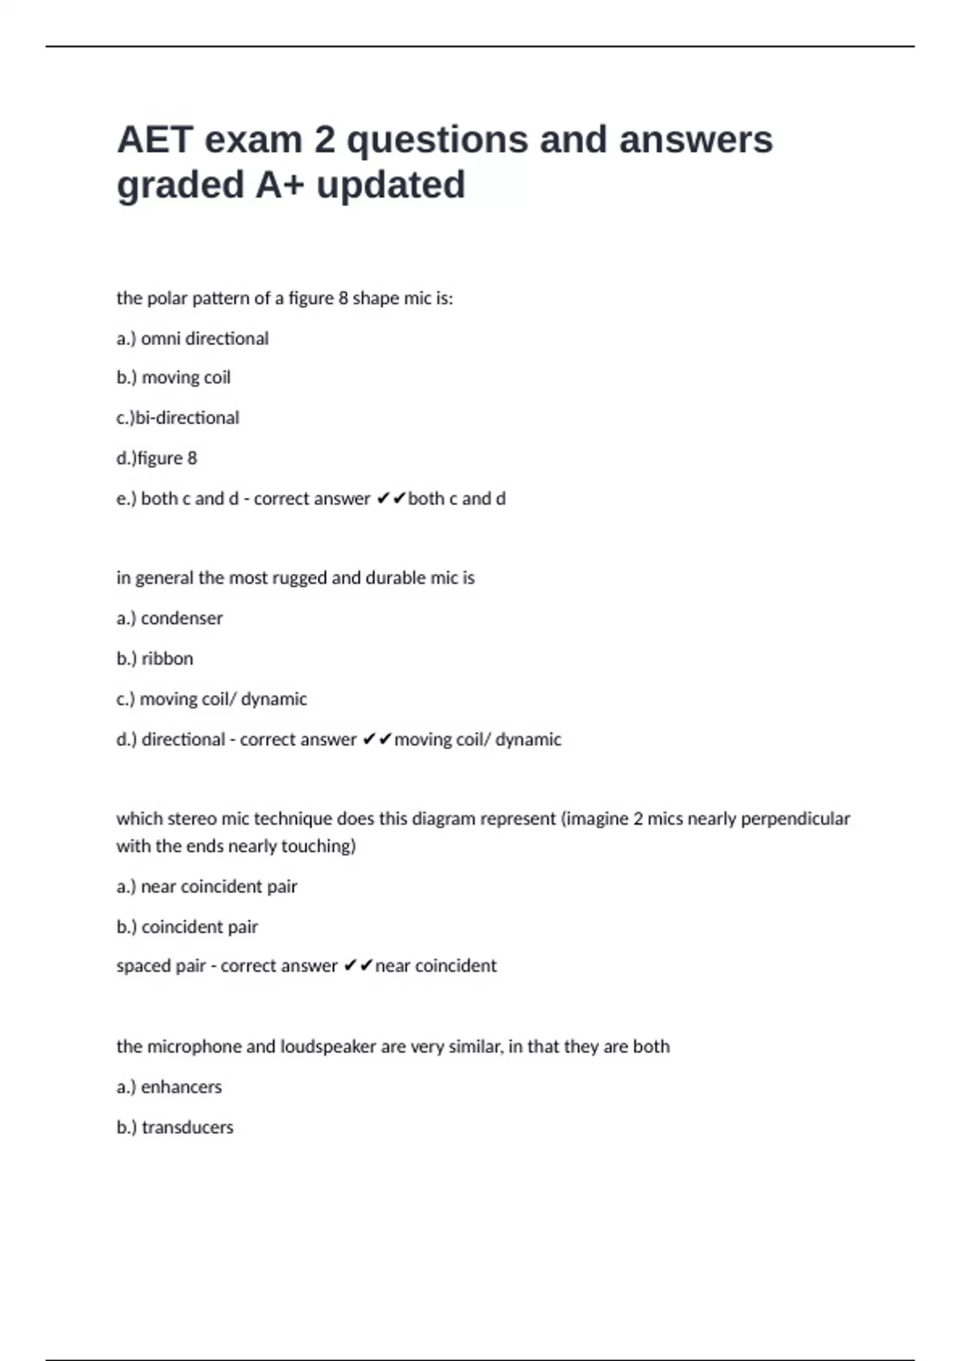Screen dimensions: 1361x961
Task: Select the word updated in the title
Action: click(391, 185)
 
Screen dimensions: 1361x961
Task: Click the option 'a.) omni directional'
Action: click(192, 339)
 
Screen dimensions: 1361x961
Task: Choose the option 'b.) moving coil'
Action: click(173, 378)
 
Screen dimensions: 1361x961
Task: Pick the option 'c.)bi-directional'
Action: click(177, 418)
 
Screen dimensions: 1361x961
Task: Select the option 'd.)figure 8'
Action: click(156, 458)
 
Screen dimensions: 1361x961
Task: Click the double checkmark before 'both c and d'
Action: click(391, 499)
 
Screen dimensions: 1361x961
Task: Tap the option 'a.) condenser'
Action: click(169, 618)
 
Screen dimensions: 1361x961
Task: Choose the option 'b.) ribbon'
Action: click(155, 659)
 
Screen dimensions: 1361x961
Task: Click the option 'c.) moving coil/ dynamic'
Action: click(211, 699)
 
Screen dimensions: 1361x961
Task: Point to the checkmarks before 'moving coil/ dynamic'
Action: click(376, 740)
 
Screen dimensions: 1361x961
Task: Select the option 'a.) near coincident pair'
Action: click(207, 886)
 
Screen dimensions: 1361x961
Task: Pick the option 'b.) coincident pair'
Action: click(187, 927)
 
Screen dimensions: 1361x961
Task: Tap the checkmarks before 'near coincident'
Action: click(358, 966)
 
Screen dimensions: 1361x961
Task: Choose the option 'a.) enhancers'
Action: click(169, 1087)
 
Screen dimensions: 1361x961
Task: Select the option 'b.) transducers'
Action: click(175, 1127)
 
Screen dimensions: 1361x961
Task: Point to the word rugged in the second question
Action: click(300, 578)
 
